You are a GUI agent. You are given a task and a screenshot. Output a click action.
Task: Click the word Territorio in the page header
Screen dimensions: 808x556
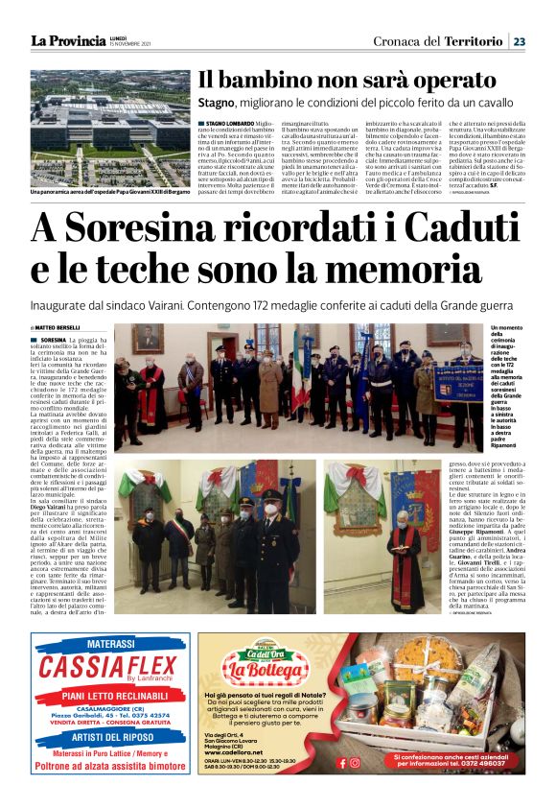[x=473, y=40]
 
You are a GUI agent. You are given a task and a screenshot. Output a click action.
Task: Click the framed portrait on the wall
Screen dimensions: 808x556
[x=146, y=338]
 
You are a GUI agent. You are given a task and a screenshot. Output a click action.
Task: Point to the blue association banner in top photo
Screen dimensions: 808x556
[x=457, y=383]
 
